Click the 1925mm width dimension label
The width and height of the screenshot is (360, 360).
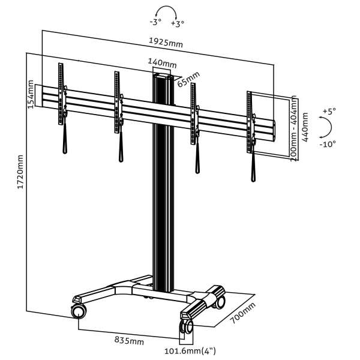click(166, 43)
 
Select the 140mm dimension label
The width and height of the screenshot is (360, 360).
click(162, 63)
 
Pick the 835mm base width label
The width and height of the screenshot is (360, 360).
click(129, 341)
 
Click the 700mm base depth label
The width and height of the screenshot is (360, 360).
click(242, 313)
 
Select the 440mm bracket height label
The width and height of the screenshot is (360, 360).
click(305, 127)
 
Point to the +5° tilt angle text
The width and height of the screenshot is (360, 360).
click(329, 111)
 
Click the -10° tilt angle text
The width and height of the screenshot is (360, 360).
click(328, 144)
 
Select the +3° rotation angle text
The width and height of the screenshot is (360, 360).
click(178, 23)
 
